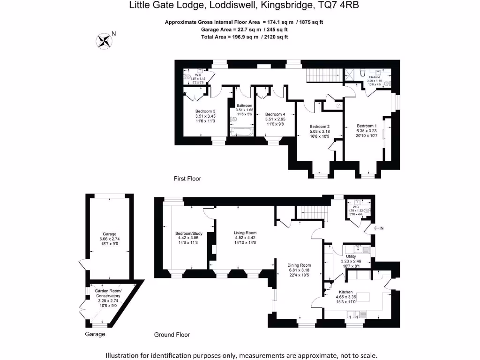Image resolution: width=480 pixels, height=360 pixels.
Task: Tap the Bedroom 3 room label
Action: tap(205, 111)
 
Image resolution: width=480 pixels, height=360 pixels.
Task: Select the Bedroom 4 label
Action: tap(275, 114)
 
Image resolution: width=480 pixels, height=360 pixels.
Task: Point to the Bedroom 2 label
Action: tap(320, 127)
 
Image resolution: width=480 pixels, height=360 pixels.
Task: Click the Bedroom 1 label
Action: tap(367, 126)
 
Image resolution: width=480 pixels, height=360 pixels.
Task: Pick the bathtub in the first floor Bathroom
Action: tap(242, 132)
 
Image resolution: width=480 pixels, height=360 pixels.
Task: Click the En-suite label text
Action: tap(374, 77)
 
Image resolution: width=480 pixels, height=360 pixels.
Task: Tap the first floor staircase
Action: tap(323, 74)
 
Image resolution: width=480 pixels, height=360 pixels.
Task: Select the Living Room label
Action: tap(245, 232)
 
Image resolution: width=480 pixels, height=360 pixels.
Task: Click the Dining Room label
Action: tap(300, 265)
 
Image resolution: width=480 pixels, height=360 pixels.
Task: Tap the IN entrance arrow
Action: tap(379, 228)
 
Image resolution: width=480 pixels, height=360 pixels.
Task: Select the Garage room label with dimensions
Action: tap(110, 234)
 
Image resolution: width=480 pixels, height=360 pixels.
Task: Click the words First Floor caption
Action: tap(187, 179)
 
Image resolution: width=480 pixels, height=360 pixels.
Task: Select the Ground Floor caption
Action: tap(172, 335)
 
